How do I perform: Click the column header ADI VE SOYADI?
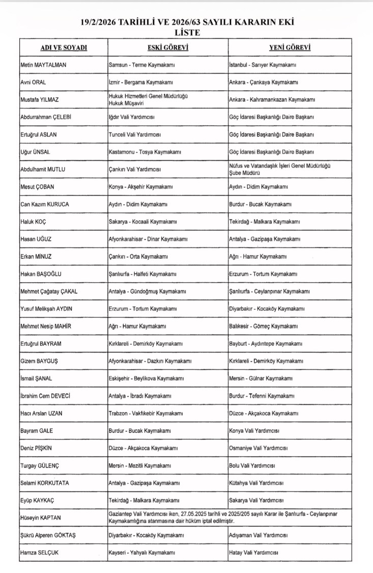click(64, 47)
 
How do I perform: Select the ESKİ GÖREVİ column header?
click(168, 47)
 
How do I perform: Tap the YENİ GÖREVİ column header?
click(290, 47)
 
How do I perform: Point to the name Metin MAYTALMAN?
click(43, 65)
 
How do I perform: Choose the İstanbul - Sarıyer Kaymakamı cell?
click(263, 65)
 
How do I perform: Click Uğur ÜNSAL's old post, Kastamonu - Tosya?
click(145, 152)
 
